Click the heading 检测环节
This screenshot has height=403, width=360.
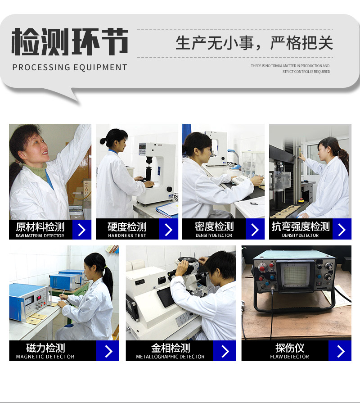[x=70, y=41]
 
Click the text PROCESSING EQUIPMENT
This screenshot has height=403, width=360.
[x=70, y=68]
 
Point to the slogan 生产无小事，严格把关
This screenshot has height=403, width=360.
[x=254, y=43]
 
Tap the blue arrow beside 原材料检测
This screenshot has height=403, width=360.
[x=81, y=230]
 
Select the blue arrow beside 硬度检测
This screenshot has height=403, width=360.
[x=168, y=230]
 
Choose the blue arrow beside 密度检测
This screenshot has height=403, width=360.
[x=255, y=230]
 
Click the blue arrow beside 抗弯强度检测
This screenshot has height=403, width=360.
[x=342, y=230]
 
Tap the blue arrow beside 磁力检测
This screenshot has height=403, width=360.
[x=108, y=351]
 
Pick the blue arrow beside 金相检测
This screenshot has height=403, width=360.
[x=225, y=351]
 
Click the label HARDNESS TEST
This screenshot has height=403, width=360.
[x=127, y=235]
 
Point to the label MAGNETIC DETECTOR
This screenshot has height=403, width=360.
[x=45, y=357]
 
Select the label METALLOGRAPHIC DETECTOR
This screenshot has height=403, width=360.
[x=170, y=357]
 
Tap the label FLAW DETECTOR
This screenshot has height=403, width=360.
[x=289, y=357]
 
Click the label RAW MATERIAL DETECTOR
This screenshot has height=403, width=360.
[x=40, y=235]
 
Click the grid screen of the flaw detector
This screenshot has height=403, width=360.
[x=295, y=276]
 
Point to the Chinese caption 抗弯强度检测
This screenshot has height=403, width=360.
[x=301, y=226]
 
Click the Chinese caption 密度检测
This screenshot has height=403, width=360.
[x=214, y=226]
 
